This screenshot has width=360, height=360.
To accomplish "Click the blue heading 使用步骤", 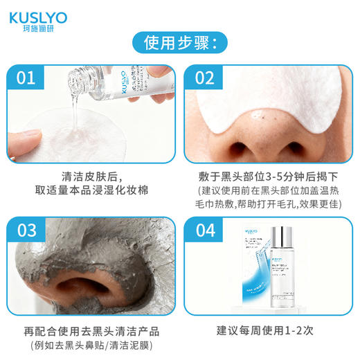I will coord(179,43).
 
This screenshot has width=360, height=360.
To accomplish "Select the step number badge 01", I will coord(25,78).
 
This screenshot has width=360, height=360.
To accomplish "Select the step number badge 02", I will coord(205,78).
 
